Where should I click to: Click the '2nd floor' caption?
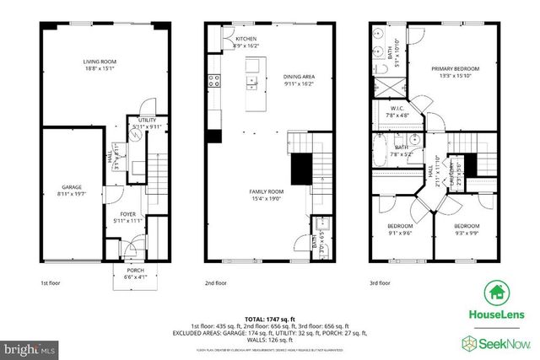click(216, 284)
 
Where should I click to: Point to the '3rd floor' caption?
click(381, 284)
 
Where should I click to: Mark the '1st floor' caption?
click(50, 284)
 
